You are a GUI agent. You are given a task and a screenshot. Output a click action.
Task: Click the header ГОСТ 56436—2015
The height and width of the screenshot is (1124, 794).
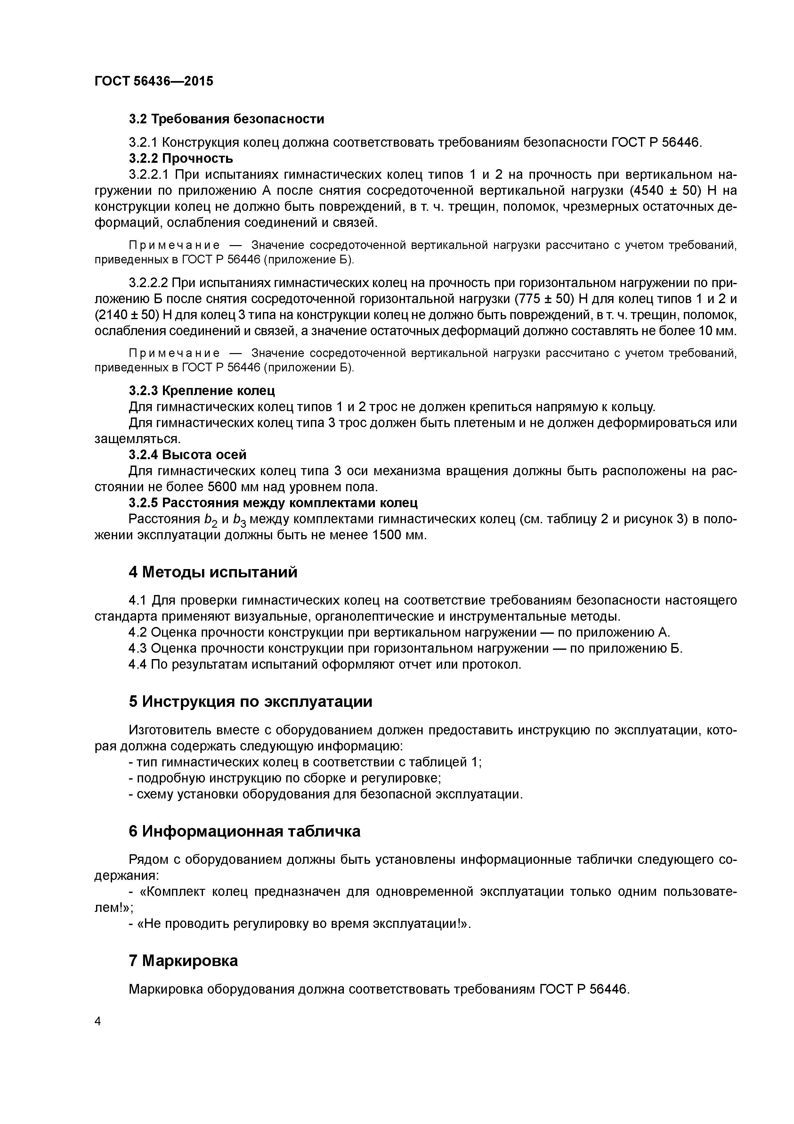coord(154,81)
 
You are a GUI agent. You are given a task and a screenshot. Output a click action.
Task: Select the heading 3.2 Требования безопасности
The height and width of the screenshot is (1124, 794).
coord(226,119)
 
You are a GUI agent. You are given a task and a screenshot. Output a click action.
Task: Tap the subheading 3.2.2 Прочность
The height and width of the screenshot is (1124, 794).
coord(181,158)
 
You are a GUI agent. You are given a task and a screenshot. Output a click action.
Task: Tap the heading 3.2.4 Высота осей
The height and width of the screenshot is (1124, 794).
coord(187,455)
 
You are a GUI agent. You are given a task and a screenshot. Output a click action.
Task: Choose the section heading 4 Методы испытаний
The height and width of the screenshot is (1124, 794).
coord(213,572)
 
